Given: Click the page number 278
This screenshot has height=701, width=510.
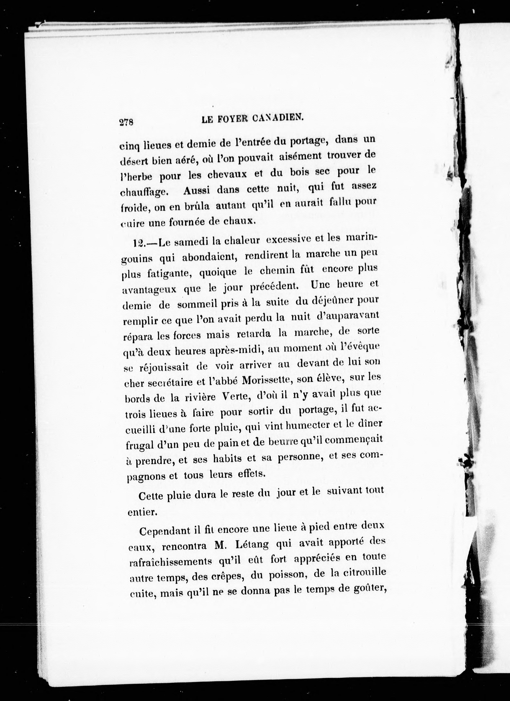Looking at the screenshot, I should point(126,122).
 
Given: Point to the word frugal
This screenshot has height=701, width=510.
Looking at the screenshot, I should point(140,445).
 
